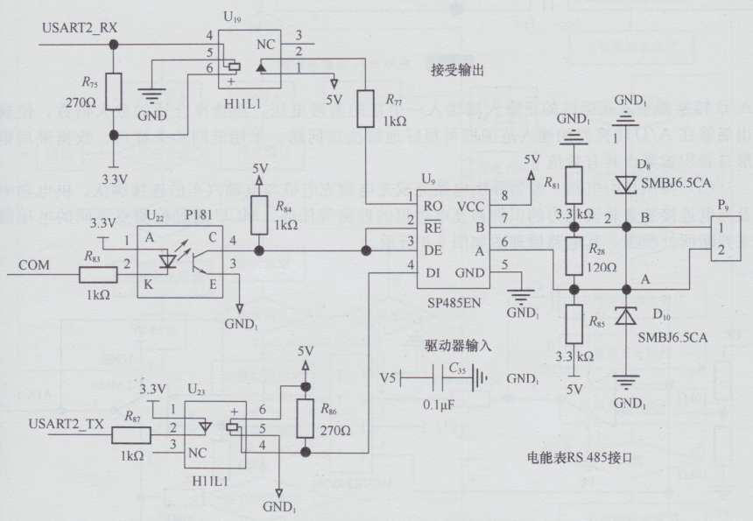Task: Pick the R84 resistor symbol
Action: [258, 215]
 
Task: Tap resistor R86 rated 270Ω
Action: [306, 419]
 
